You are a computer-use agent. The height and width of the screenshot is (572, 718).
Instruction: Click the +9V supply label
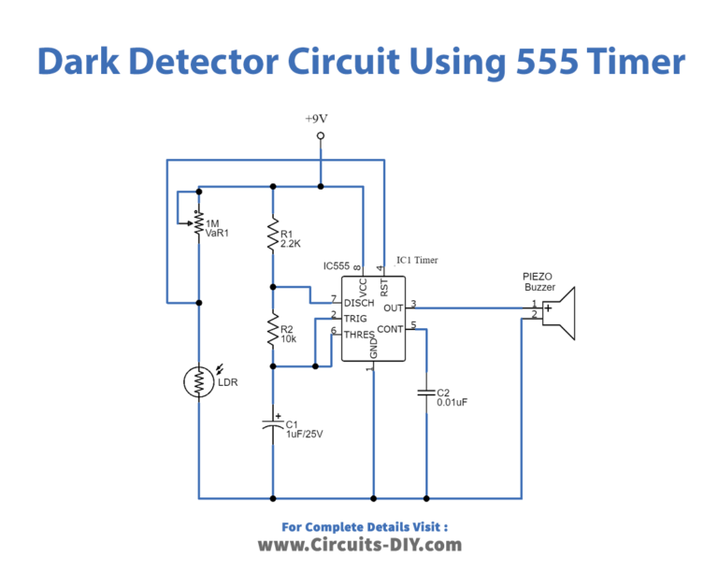pyautogui.click(x=320, y=119)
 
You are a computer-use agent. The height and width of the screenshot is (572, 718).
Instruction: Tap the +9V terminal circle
pyautogui.click(x=320, y=137)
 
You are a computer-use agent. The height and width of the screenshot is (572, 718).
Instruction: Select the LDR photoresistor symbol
pyautogui.click(x=198, y=380)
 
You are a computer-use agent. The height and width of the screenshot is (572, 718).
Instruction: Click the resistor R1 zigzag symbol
pyautogui.click(x=273, y=235)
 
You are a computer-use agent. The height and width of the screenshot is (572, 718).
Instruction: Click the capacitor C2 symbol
pyautogui.click(x=426, y=393)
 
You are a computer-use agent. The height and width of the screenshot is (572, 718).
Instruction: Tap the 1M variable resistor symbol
pyautogui.click(x=198, y=223)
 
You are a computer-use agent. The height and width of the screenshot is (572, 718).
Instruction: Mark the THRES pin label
pyautogui.click(x=360, y=334)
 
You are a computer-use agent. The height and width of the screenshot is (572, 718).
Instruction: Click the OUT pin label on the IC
pyautogui.click(x=393, y=307)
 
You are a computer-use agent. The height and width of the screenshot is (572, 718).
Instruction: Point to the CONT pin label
pyautogui.click(x=390, y=328)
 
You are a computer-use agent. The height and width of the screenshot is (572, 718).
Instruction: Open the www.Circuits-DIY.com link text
pyautogui.click(x=359, y=545)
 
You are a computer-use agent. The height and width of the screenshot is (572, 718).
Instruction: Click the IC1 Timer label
pyautogui.click(x=416, y=260)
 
